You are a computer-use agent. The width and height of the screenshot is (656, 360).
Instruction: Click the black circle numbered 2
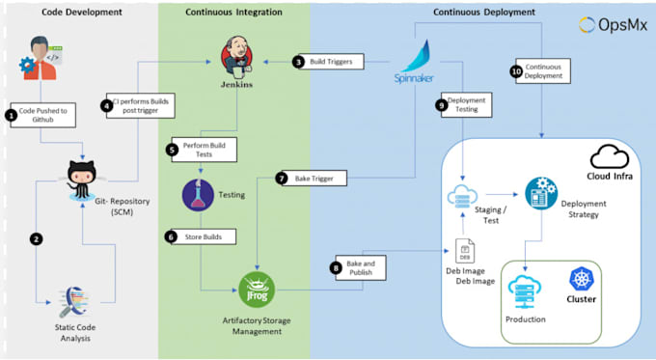(37, 238)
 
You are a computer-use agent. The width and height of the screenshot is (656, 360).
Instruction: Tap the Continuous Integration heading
(233, 12)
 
